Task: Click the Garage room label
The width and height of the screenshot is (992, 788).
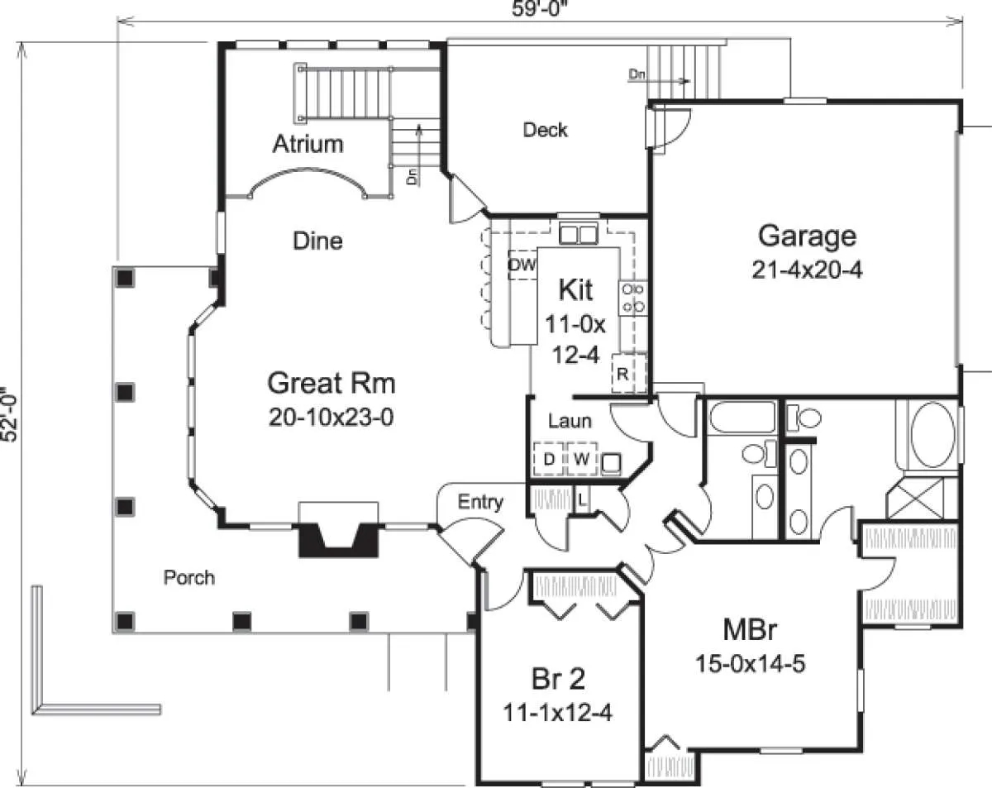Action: (x=807, y=236)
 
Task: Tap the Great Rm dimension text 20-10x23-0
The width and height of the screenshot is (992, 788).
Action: (x=331, y=418)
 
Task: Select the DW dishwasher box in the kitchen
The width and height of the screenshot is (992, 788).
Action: (x=522, y=265)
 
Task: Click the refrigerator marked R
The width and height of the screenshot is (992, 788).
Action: (x=628, y=373)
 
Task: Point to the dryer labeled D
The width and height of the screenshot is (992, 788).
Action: (x=549, y=459)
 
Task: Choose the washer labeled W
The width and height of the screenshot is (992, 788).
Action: (x=582, y=459)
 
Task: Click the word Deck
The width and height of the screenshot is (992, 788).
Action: (x=546, y=130)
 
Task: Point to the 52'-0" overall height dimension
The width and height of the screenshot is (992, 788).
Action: (x=9, y=414)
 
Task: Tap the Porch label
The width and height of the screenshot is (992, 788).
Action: (x=189, y=578)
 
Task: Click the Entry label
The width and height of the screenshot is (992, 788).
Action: (x=480, y=502)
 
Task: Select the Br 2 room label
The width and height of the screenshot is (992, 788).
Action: (x=558, y=679)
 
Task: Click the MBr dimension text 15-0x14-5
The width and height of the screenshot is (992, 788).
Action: (x=751, y=664)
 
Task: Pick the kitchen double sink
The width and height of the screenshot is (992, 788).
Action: (x=579, y=233)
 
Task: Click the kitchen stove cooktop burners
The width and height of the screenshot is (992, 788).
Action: (x=633, y=298)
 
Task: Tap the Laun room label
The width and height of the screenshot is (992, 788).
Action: (x=570, y=421)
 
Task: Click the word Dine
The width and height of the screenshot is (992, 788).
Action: (x=317, y=241)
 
